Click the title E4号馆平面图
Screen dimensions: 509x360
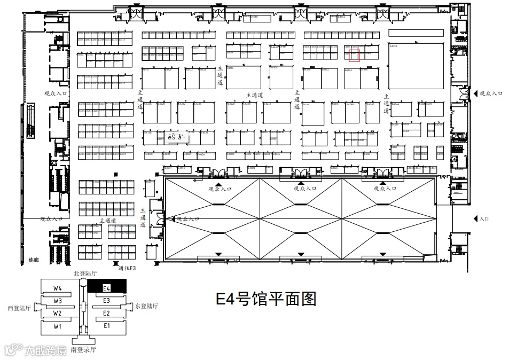(265, 299)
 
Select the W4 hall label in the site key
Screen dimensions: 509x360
(58, 288)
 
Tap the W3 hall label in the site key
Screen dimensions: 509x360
(58, 301)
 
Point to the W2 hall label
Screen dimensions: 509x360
(58, 313)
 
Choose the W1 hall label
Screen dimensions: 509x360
(58, 326)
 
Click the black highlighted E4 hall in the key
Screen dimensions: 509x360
(107, 287)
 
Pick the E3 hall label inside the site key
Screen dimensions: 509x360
(106, 301)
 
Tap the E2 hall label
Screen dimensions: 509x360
(106, 313)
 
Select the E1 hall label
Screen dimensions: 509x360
(106, 325)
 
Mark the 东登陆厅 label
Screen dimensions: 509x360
(146, 306)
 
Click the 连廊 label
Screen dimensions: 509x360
(34, 260)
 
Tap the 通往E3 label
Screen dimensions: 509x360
(127, 268)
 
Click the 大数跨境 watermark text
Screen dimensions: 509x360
(47, 350)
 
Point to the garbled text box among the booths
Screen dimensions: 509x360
(176, 137)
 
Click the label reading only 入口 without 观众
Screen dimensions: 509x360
(484, 218)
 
